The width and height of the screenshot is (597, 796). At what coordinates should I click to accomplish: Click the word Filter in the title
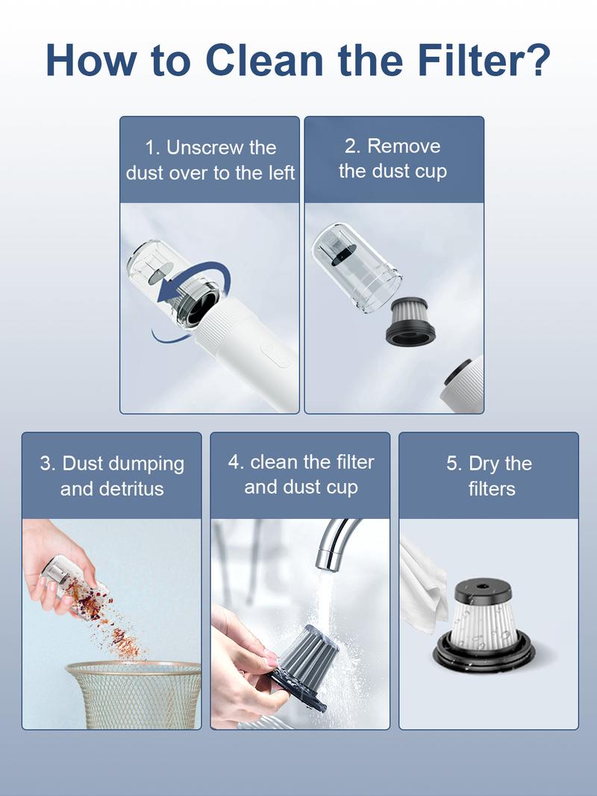pyautogui.click(x=469, y=60)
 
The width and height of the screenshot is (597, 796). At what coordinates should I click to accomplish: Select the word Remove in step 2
pyautogui.click(x=404, y=146)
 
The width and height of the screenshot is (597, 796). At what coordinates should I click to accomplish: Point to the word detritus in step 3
pyautogui.click(x=131, y=489)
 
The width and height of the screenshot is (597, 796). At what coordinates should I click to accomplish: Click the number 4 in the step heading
pyautogui.click(x=234, y=462)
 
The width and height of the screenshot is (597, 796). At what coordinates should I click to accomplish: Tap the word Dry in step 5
pyautogui.click(x=484, y=464)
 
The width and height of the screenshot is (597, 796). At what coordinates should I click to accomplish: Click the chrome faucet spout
pyautogui.click(x=335, y=542)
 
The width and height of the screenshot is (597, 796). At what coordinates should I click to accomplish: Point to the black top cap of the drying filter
pyautogui.click(x=483, y=591)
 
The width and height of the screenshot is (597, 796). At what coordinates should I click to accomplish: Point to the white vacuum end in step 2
pyautogui.click(x=465, y=384)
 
